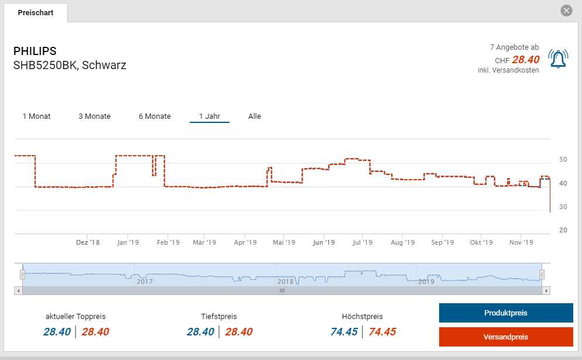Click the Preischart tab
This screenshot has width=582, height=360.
(x=35, y=12)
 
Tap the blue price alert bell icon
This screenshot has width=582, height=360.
(x=558, y=59)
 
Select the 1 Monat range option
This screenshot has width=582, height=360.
(x=36, y=116)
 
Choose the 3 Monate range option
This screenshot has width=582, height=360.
(x=94, y=116)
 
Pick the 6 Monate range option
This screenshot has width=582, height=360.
(x=155, y=116)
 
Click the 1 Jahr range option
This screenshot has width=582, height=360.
(x=209, y=116)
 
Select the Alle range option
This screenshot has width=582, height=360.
(x=254, y=116)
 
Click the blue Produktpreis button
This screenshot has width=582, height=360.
(x=505, y=313)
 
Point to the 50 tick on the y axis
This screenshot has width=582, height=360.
(x=563, y=159)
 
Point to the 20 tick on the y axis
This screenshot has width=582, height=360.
(x=563, y=230)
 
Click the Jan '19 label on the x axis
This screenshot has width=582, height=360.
(x=128, y=242)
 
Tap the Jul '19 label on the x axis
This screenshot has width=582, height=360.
(x=363, y=242)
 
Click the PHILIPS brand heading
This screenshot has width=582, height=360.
(x=35, y=51)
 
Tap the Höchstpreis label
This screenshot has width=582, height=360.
(x=362, y=316)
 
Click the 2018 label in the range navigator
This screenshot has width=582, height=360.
(x=286, y=282)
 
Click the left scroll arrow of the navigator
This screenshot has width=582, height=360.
(x=19, y=290)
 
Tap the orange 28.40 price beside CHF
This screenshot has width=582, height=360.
(x=525, y=59)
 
